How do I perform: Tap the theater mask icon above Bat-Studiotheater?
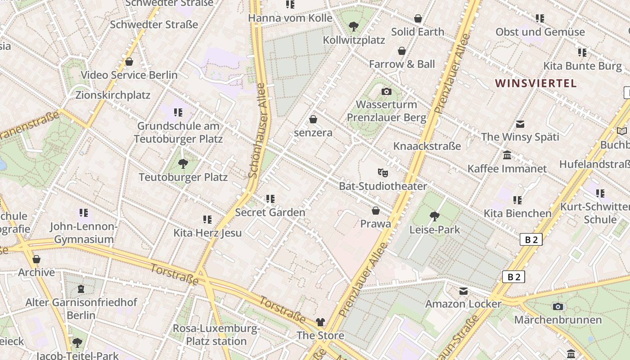click(382, 172)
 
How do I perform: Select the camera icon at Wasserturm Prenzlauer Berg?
click(386, 92)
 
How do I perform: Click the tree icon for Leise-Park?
click(434, 216)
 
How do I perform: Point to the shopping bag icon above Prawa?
click(376, 211)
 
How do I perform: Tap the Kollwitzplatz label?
click(354, 40)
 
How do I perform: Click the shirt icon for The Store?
click(320, 322)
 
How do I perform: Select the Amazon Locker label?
click(463, 304)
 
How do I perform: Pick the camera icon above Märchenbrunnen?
click(558, 307)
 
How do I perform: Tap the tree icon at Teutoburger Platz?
click(183, 164)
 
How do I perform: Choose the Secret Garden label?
click(270, 212)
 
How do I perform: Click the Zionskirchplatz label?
click(113, 95)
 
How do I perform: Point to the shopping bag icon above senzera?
click(313, 119)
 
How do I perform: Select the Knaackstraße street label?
click(427, 146)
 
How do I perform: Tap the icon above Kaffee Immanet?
click(507, 155)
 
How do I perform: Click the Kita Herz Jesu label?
click(207, 233)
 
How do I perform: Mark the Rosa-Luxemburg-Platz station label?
click(216, 335)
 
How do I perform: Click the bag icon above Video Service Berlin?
click(129, 62)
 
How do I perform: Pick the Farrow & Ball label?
click(402, 64)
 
